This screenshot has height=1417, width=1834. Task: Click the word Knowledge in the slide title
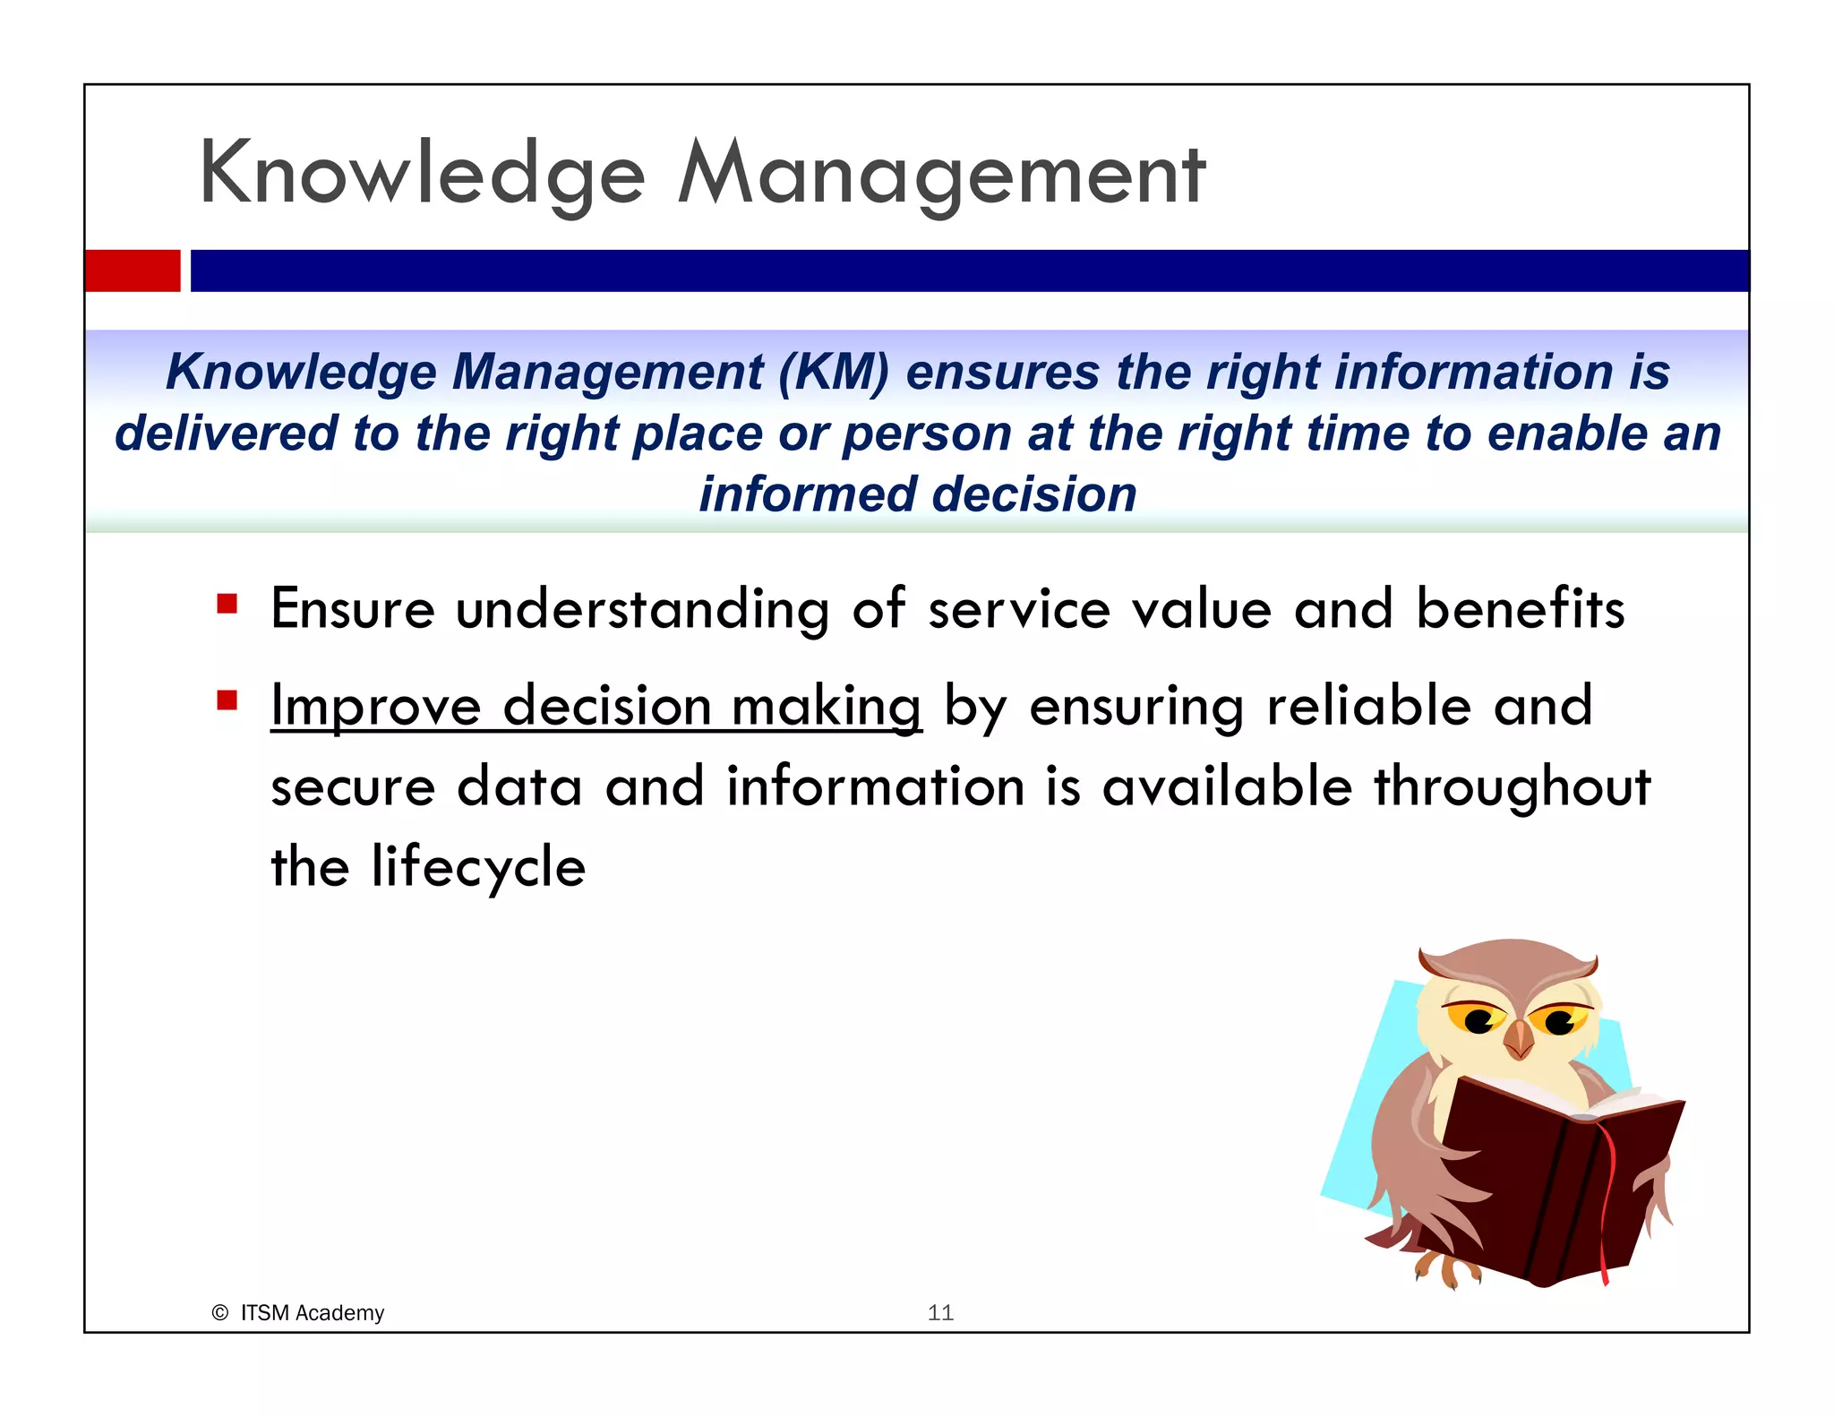(x=421, y=175)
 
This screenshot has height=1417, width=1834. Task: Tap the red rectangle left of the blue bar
(x=133, y=271)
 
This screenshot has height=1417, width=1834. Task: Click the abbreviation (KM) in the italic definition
(x=833, y=372)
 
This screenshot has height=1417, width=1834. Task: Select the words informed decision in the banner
(x=917, y=494)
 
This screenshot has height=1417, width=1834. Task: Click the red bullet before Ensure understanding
(x=227, y=604)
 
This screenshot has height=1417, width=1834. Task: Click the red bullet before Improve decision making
(x=227, y=700)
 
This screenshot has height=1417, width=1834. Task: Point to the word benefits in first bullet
(x=1520, y=609)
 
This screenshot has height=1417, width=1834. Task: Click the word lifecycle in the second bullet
(x=478, y=867)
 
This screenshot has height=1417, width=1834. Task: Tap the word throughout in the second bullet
(x=1512, y=786)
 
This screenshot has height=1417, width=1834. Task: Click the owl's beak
(x=1519, y=1039)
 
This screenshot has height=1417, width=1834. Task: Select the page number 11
(x=940, y=1313)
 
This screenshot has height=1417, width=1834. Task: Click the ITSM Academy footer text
(x=312, y=1313)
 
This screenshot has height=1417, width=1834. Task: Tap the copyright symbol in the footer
(x=219, y=1313)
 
